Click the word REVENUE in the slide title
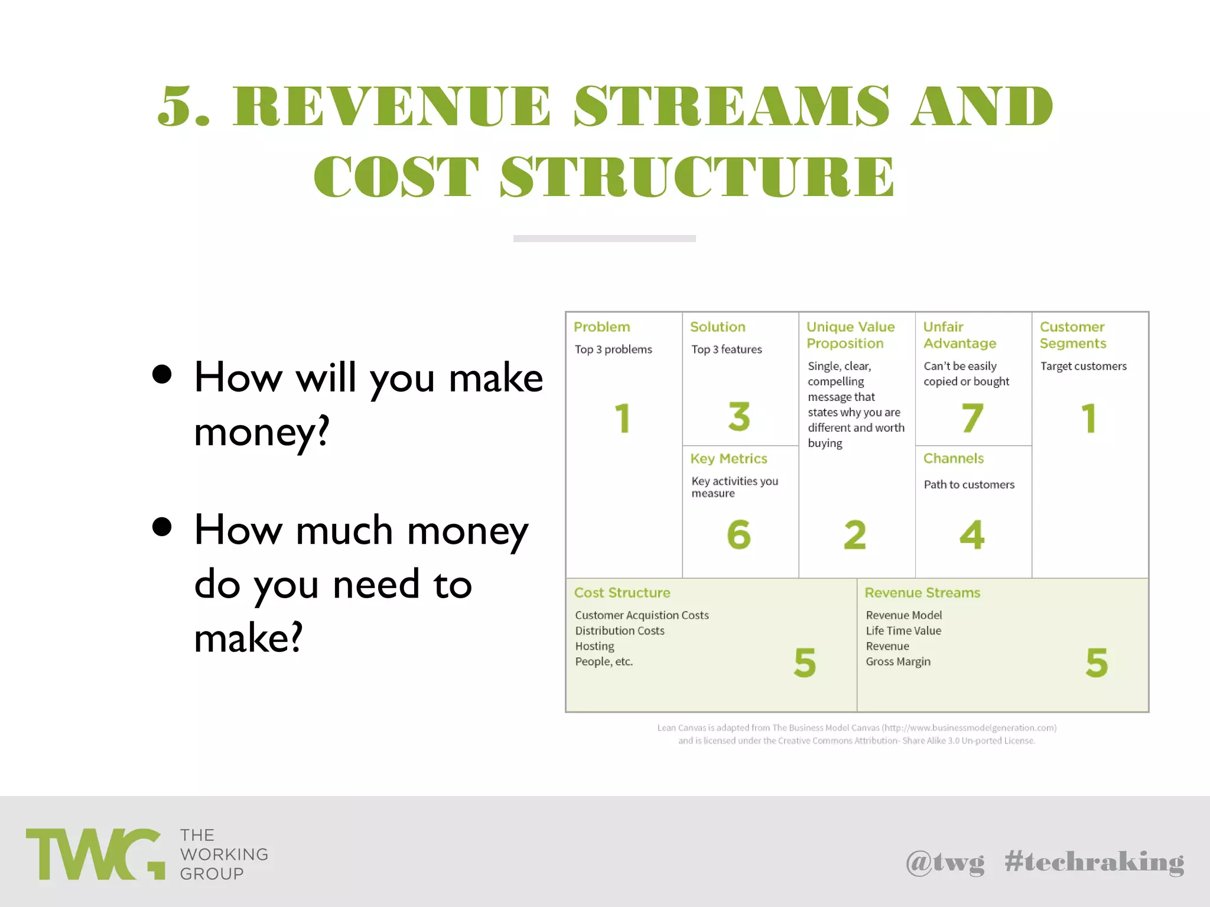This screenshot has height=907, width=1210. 392,106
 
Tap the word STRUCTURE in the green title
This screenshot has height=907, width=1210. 697,177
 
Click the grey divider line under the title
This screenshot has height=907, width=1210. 604,239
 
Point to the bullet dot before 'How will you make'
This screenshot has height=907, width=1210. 162,374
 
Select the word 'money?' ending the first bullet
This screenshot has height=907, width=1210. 261,432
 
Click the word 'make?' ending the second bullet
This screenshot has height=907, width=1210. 248,638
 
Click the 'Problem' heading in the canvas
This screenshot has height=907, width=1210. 601,327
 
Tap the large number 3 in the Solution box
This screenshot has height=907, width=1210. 739,416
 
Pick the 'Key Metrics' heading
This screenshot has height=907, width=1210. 728,459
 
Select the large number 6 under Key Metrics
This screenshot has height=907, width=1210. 739,534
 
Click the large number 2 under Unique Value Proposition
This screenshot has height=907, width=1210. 855,535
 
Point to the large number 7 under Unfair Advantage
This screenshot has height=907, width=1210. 972,417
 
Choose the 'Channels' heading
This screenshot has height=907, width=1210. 954,459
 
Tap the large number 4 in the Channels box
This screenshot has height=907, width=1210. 972,534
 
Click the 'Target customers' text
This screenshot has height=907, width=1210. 1083,366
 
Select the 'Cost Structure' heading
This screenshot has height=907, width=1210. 622,593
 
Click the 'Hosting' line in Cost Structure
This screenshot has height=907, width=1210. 594,647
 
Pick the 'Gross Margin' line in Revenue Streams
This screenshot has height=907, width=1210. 898,662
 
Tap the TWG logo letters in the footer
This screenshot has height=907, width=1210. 95,854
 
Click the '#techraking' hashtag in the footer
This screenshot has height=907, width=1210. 1094,862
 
